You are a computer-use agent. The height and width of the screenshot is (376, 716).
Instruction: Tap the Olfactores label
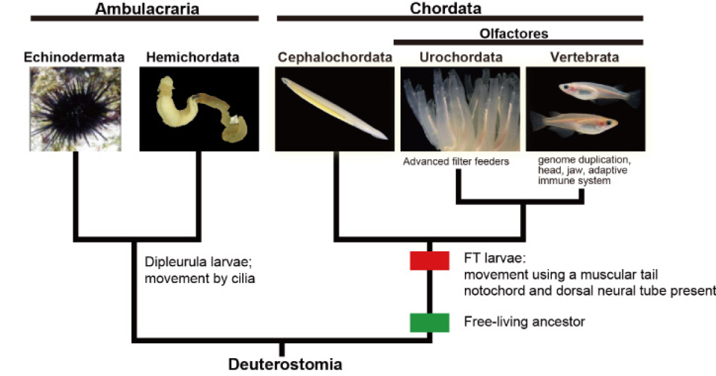click(514, 33)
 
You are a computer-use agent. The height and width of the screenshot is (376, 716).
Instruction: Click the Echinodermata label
click(75, 57)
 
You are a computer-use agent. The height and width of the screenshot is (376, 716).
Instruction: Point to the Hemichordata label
click(193, 57)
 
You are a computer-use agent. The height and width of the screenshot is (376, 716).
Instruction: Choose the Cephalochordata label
click(335, 57)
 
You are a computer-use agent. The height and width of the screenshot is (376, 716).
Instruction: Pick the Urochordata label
click(461, 57)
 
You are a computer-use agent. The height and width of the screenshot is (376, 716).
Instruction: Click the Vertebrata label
click(585, 57)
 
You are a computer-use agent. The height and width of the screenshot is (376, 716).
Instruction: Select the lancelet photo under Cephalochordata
click(334, 107)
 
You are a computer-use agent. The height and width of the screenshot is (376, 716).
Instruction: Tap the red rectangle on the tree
click(430, 261)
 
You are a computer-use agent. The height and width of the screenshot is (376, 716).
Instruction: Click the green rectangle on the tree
click(430, 322)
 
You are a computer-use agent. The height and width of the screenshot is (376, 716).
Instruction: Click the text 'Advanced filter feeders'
click(456, 161)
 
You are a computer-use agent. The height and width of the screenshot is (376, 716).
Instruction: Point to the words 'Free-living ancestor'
click(524, 322)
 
